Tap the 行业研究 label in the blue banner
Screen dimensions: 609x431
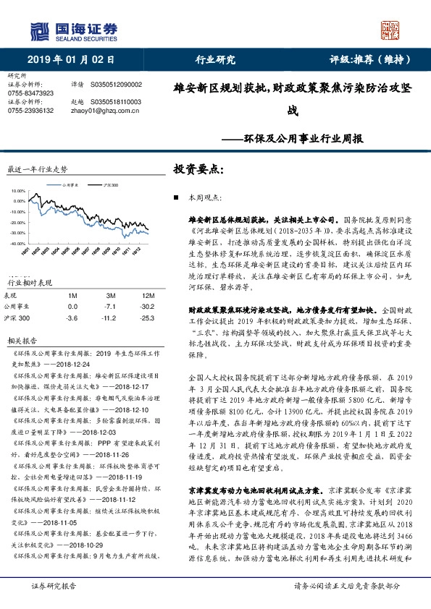(216, 59)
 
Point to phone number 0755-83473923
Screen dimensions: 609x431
(30, 93)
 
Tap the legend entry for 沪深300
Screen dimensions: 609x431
(109, 186)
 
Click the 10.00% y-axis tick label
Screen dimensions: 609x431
(18, 192)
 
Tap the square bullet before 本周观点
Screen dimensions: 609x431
(177, 197)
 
